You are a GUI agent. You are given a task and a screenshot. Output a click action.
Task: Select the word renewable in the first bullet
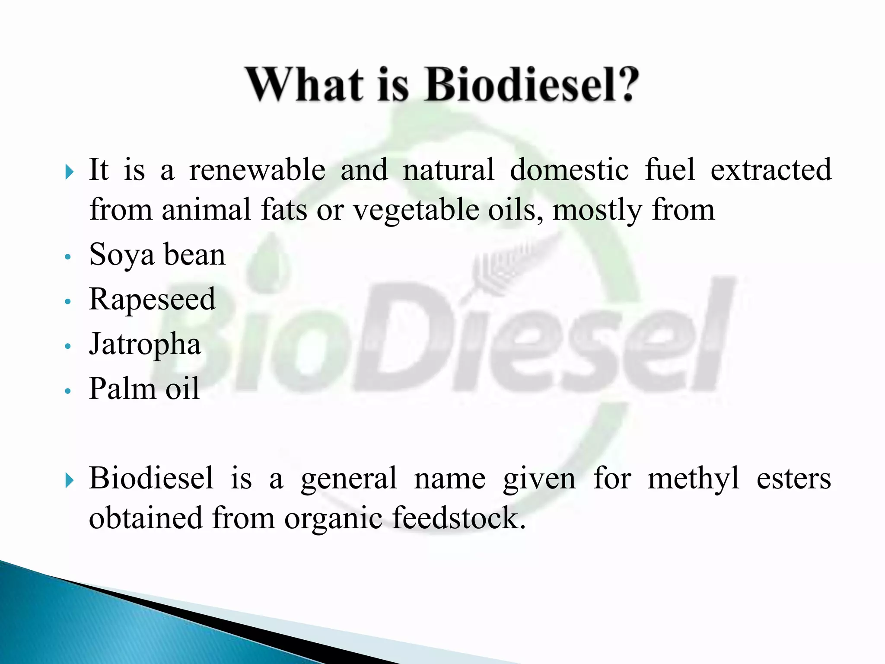(257, 170)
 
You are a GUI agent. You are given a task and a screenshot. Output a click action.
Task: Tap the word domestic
(569, 170)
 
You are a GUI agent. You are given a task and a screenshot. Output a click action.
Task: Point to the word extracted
(770, 170)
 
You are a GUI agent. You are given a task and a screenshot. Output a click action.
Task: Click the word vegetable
(416, 211)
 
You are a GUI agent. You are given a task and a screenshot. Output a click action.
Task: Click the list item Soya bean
(157, 255)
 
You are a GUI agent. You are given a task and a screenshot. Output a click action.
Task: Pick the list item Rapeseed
(152, 300)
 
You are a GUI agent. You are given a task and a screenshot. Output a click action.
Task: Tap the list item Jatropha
(145, 345)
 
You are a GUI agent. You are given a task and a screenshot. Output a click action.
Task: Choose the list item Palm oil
(144, 389)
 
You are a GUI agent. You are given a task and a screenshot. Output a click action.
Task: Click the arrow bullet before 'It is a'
(69, 172)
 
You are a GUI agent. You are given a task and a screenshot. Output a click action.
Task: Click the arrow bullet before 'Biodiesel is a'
(69, 480)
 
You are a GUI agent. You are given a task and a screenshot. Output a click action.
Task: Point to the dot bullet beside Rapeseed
(67, 302)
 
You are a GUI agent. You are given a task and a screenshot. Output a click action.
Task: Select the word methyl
(693, 479)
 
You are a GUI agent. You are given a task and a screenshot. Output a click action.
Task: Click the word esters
(793, 479)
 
